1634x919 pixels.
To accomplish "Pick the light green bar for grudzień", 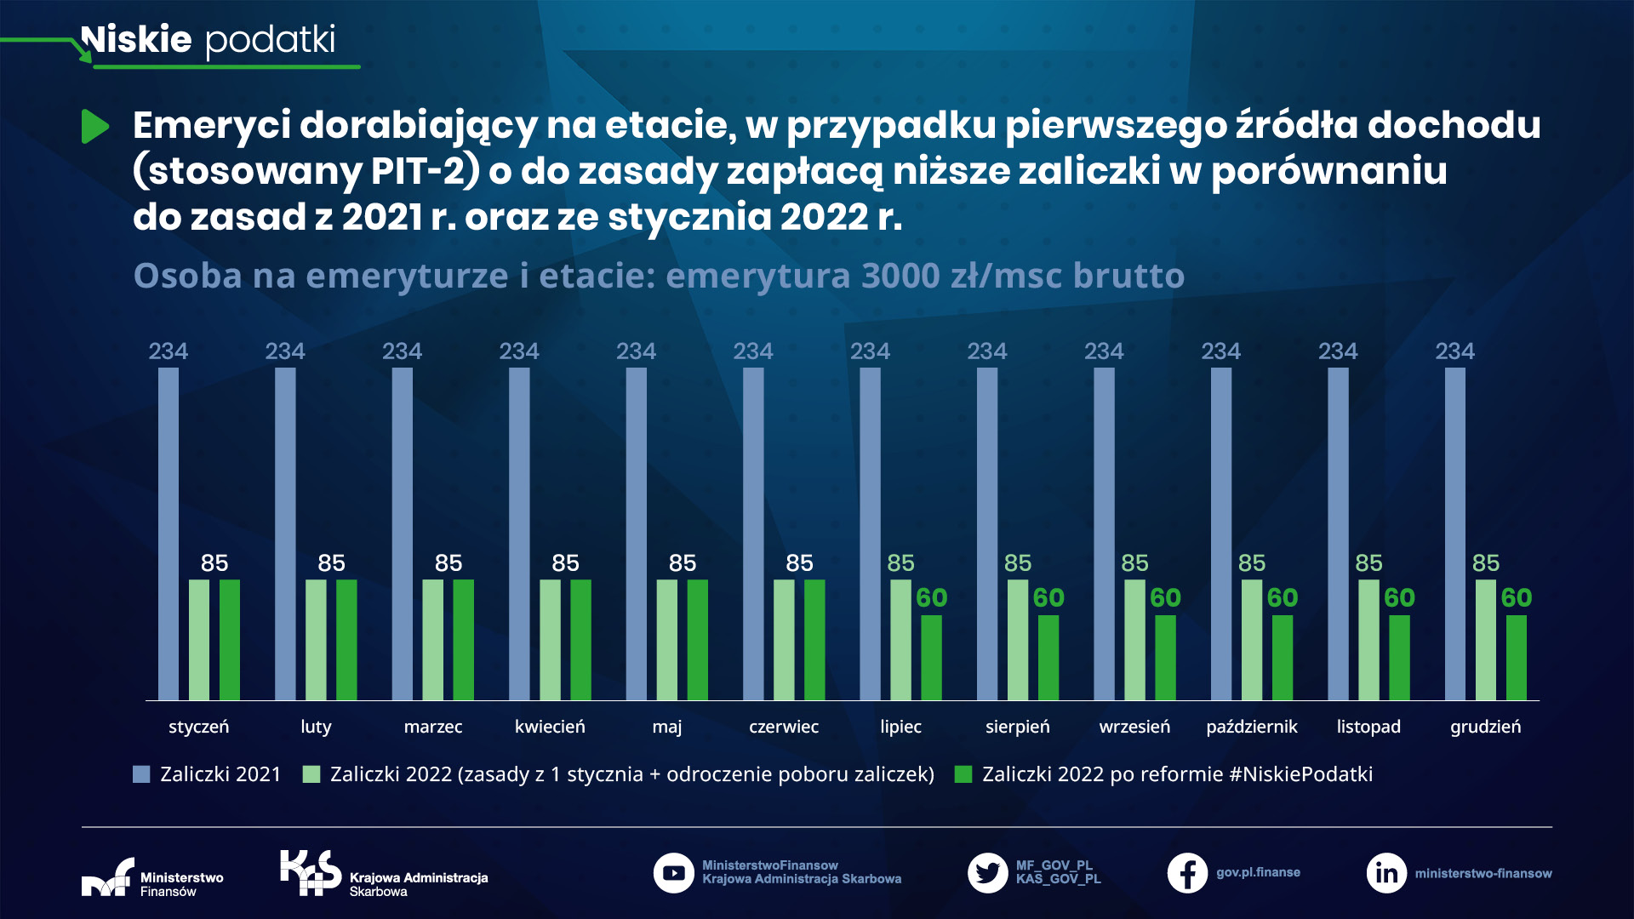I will [1485, 639].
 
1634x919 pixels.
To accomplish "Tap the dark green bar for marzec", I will [463, 639].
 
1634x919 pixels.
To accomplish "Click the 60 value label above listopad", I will [1399, 598].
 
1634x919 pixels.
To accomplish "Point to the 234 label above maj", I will [636, 351].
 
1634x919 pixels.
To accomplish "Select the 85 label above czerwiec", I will [799, 563].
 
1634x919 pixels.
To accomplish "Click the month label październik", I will [1251, 727].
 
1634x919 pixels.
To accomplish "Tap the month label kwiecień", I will [550, 727].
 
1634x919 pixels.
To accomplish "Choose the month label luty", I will [316, 727].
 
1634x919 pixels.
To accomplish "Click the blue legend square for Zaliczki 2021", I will [141, 774].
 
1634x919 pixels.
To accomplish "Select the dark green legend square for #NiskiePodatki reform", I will [963, 774].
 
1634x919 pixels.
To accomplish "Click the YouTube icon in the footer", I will [674, 873].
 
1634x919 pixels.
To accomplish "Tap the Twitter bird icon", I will [987, 873].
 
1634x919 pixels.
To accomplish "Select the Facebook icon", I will [1187, 873].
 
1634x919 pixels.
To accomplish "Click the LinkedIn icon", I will [1386, 873].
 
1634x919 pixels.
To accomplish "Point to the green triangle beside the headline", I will [94, 127].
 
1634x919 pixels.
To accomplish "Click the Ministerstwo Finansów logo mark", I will [108, 877].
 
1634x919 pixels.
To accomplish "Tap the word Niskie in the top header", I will [136, 39].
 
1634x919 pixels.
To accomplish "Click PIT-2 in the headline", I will [418, 170].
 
